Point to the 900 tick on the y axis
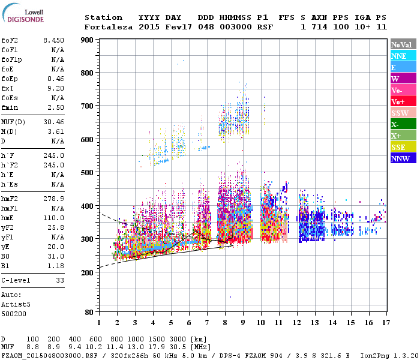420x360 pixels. coord(88,40)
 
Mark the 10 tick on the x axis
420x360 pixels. coord(261,322)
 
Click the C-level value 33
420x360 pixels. coord(60,280)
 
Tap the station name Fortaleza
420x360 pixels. coord(109,27)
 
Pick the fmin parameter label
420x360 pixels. coord(11,107)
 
